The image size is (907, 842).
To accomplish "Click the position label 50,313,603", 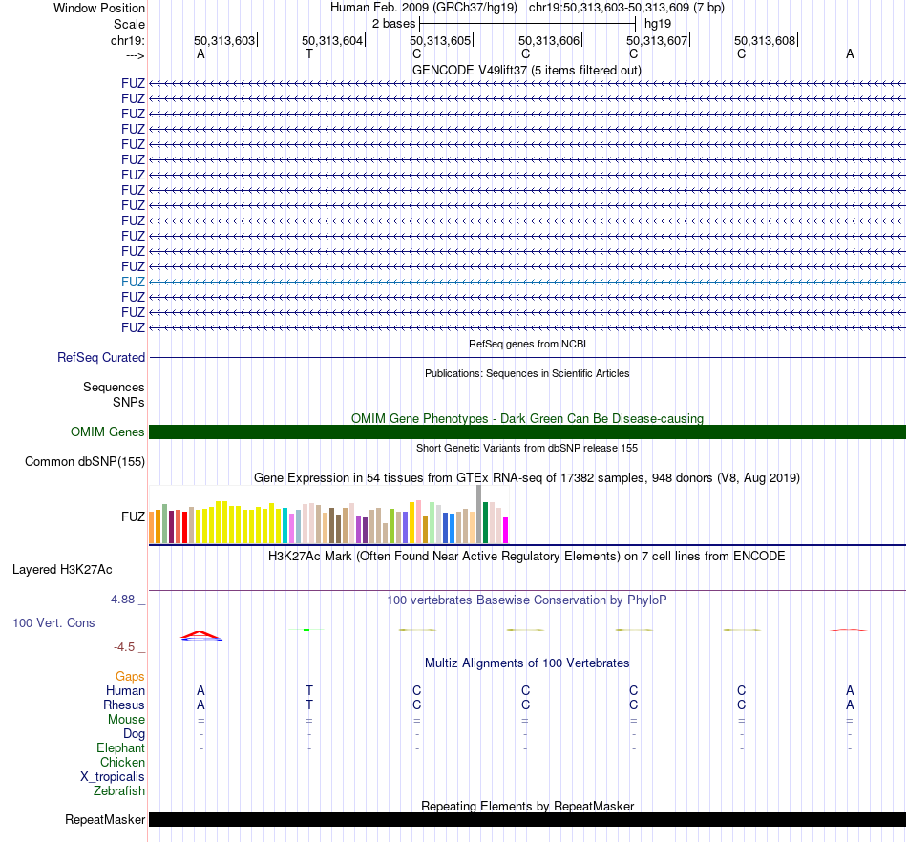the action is click(224, 40).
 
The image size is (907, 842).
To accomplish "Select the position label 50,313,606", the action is click(549, 40).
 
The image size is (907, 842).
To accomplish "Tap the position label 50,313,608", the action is click(765, 40).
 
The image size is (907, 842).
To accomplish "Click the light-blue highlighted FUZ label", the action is click(133, 282).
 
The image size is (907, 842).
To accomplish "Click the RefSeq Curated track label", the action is click(101, 357).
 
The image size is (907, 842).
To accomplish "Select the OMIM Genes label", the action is click(108, 432).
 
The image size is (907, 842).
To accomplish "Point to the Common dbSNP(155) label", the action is click(85, 461).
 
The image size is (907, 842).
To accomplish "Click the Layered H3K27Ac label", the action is click(62, 570).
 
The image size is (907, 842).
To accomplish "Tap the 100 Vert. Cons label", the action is click(53, 622).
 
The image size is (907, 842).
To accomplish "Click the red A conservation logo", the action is click(201, 636).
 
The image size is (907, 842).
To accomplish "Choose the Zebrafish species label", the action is click(119, 790).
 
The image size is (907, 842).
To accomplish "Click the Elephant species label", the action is click(120, 747).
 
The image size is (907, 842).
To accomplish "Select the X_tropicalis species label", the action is click(113, 777).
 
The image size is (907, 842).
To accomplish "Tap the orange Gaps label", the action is click(130, 676).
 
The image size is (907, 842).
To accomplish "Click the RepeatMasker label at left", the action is click(105, 819).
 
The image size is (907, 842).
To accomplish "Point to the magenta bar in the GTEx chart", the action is click(506, 530).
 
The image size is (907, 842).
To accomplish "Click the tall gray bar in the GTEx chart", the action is click(479, 515).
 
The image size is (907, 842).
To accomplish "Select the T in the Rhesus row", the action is click(309, 705).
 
